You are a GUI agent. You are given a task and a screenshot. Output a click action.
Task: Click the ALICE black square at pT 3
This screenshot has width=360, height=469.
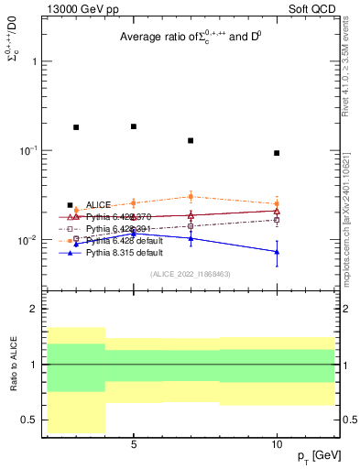coord(76,127)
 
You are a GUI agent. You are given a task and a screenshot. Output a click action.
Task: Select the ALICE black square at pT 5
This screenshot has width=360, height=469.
coord(134,126)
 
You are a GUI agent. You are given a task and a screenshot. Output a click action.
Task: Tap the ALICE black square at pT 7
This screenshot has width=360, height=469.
coord(191,140)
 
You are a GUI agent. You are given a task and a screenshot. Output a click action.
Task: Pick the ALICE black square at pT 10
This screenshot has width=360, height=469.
coord(277,153)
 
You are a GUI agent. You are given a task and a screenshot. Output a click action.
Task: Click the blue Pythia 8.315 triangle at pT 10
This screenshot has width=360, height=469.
coord(277,252)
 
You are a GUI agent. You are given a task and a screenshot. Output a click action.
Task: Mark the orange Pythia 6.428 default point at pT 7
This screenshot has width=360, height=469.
coord(191,196)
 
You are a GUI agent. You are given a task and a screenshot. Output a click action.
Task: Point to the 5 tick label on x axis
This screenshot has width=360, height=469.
coord(134,443)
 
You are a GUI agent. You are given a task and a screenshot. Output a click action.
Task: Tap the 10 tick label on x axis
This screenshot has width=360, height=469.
coord(277,443)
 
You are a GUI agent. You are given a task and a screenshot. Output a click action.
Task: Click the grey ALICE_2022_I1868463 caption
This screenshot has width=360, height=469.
coord(191,274)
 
